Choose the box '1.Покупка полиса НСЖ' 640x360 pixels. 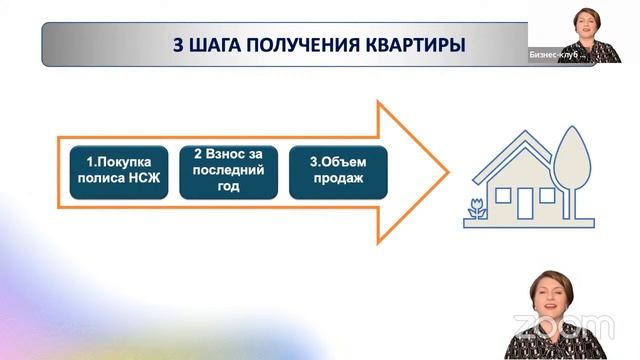(116, 171)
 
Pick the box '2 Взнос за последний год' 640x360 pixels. (227, 170)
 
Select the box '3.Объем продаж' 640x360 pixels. (338, 171)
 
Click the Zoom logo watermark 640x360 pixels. (564, 326)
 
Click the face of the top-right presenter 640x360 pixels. (582, 21)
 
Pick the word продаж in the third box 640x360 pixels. (338, 180)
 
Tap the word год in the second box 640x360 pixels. (227, 187)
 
